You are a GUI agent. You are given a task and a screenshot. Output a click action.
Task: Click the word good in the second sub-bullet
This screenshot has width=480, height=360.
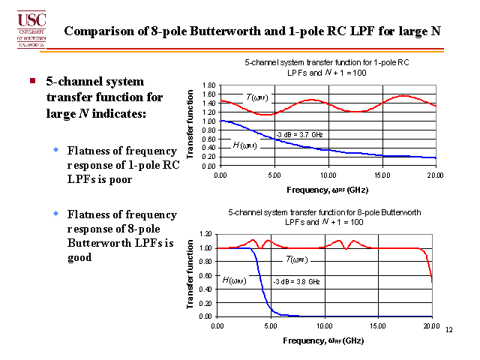click(x=79, y=256)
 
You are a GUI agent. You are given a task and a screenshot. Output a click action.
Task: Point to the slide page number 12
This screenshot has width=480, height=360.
click(x=449, y=330)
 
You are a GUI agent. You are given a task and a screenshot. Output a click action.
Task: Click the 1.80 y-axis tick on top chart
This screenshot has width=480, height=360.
click(x=208, y=85)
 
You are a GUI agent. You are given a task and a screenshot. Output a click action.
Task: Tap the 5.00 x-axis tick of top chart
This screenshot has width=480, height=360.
click(x=272, y=174)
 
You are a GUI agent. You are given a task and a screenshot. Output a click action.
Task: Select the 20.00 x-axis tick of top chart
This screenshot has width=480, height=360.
click(x=433, y=174)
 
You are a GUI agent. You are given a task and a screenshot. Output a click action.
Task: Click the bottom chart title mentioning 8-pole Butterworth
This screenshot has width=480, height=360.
click(x=325, y=217)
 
